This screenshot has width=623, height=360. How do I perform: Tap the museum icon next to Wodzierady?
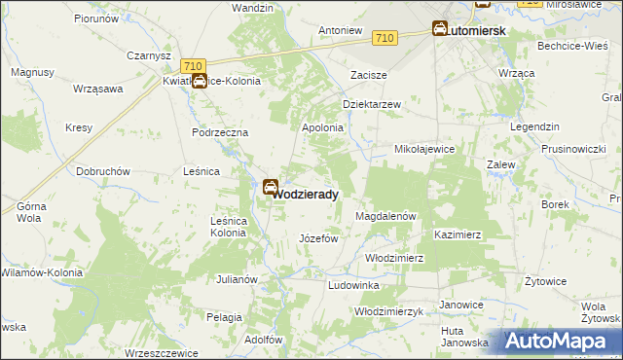tap(270, 186)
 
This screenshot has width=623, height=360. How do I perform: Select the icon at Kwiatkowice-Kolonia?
tap(199, 82)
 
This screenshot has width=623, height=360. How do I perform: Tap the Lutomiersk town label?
tap(476, 31)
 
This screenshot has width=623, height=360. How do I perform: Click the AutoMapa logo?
tap(559, 342)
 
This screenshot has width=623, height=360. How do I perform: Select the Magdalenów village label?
tap(386, 215)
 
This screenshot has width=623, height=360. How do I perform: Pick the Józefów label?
tap(317, 238)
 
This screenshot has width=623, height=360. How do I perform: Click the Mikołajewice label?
tap(423, 149)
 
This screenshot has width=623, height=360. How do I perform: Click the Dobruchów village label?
tap(103, 171)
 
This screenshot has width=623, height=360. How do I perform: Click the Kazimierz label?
tap(458, 235)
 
